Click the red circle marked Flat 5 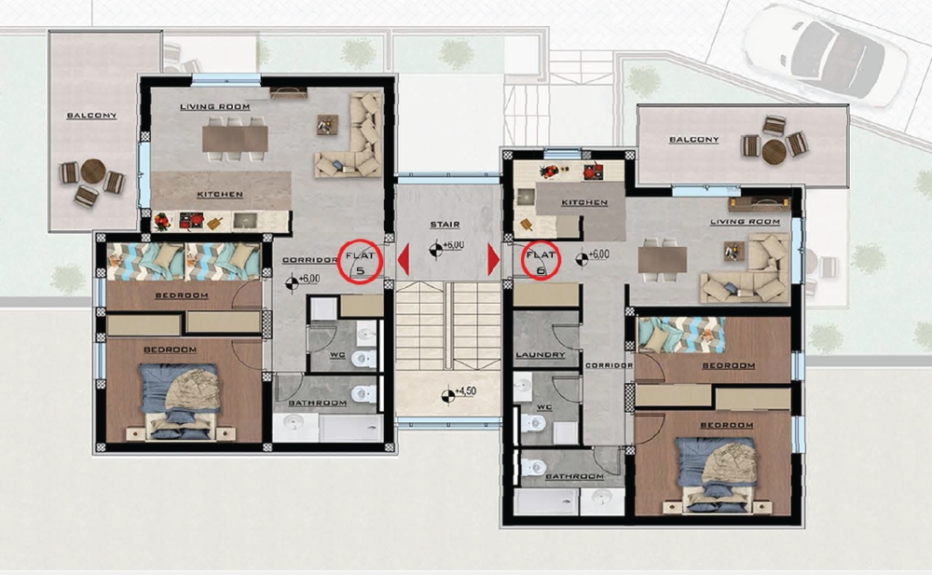(x=338, y=262)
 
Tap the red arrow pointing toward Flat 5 (x=404, y=260)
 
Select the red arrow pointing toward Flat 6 (x=493, y=260)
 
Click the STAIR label (x=445, y=225)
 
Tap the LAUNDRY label (x=541, y=355)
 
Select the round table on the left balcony (x=92, y=171)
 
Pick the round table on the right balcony (x=774, y=151)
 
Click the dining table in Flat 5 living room (x=236, y=139)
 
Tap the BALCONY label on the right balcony (x=694, y=140)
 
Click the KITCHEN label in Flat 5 (x=220, y=195)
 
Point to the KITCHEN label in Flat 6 (x=585, y=203)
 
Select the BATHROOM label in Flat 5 (x=318, y=404)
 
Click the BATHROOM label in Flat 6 (x=574, y=477)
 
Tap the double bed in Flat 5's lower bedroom (x=180, y=403)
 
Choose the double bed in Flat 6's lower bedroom (x=718, y=476)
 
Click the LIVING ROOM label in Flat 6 (x=746, y=222)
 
